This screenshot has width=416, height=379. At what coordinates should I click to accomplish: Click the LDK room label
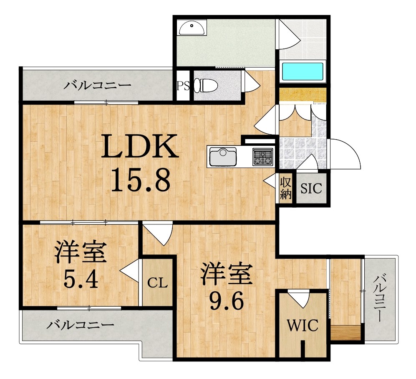(141, 146)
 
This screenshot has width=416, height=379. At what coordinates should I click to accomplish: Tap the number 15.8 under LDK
(141, 181)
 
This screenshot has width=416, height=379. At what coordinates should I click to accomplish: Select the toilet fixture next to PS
(207, 86)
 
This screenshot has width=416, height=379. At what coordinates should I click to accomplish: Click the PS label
(183, 86)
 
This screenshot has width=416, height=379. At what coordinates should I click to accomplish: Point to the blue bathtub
(303, 72)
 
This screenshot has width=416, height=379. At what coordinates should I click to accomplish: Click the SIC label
(311, 189)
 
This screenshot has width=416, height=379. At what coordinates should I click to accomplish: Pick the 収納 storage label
(285, 188)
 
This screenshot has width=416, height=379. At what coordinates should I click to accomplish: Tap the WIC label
(303, 325)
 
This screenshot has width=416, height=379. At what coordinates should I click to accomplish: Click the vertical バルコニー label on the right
(380, 298)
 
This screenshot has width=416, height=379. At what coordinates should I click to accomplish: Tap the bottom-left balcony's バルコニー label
(80, 325)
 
